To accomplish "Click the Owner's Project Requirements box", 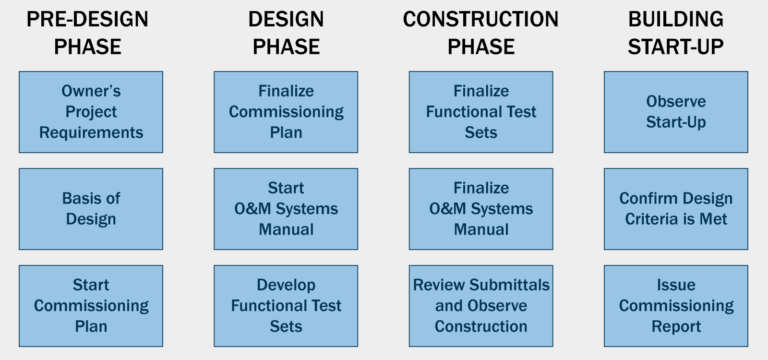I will [90, 111].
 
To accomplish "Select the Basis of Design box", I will [90, 208].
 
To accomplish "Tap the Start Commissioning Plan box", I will [90, 305].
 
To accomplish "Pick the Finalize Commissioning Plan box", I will [286, 111].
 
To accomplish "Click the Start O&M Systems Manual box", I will [286, 208].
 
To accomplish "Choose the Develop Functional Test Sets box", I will [286, 305].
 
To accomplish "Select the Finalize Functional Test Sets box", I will [481, 111].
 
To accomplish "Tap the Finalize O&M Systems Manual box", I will [481, 208].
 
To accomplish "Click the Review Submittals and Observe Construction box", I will [481, 305].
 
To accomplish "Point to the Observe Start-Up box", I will [676, 111].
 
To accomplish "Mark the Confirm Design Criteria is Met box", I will [676, 208].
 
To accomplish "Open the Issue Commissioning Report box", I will [676, 305].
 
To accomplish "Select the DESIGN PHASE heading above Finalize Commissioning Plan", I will [286, 32].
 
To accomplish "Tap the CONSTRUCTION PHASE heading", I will [481, 32].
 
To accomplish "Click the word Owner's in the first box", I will [91, 91].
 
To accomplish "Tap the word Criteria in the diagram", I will [656, 218].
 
